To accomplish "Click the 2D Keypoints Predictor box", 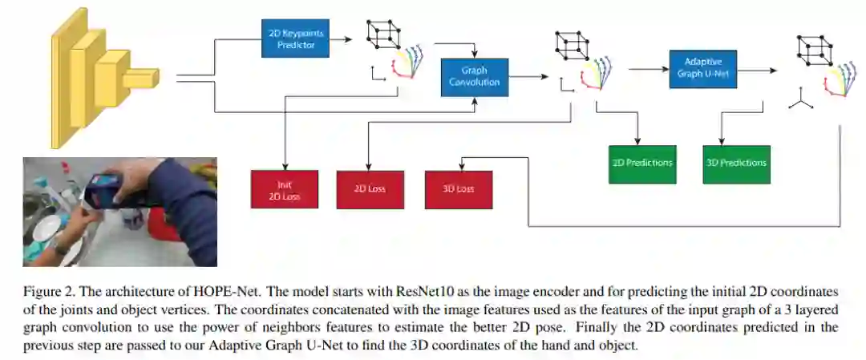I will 295,38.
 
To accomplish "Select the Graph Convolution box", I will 474,76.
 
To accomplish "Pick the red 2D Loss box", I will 370,189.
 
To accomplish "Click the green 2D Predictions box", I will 643,163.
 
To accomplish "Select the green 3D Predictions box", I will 736,163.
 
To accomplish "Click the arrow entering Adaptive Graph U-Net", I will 649,70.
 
